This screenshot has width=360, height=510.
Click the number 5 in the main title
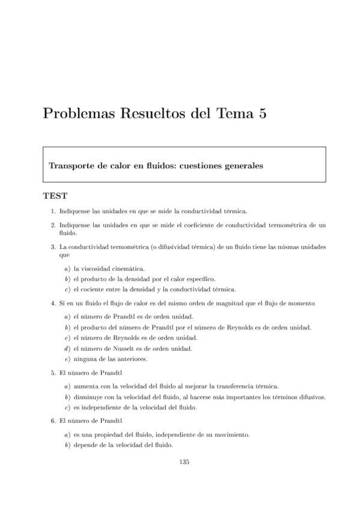click(261, 113)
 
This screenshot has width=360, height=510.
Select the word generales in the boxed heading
click(240, 165)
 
